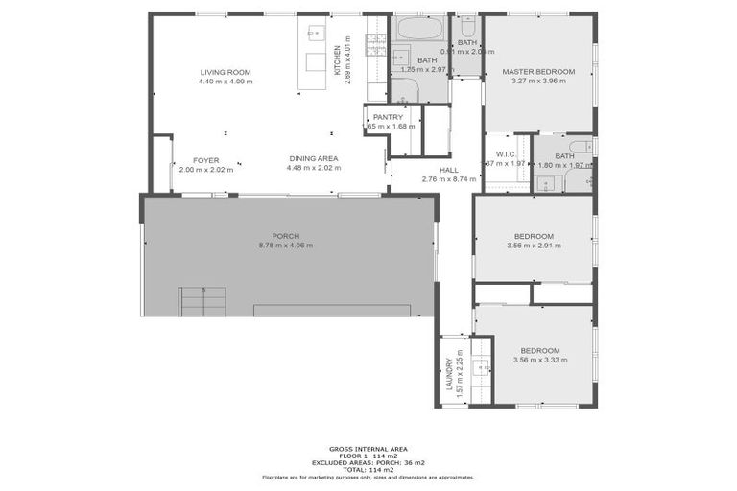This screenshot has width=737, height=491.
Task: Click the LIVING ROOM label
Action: click(x=226, y=73)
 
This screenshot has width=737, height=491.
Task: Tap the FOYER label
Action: click(x=206, y=159)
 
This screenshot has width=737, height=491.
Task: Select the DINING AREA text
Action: click(x=313, y=159)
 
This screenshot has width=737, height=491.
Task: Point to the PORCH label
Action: click(x=285, y=236)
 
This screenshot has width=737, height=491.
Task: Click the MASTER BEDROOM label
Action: click(x=538, y=72)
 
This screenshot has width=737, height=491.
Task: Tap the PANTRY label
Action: click(x=388, y=117)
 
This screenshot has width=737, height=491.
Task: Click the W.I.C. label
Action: click(x=507, y=154)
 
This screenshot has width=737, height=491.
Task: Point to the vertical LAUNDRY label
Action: click(x=448, y=375)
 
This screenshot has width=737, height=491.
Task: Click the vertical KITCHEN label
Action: click(x=336, y=61)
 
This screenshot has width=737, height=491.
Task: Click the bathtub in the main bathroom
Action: click(x=418, y=27)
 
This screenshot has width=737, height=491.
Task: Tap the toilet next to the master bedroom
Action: click(x=467, y=25)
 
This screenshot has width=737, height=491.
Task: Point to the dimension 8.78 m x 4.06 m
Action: click(x=285, y=245)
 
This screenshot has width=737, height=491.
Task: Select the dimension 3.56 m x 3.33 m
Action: click(x=539, y=360)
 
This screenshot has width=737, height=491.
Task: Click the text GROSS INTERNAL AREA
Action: click(x=368, y=449)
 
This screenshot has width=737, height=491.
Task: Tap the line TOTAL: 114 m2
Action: click(x=368, y=469)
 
